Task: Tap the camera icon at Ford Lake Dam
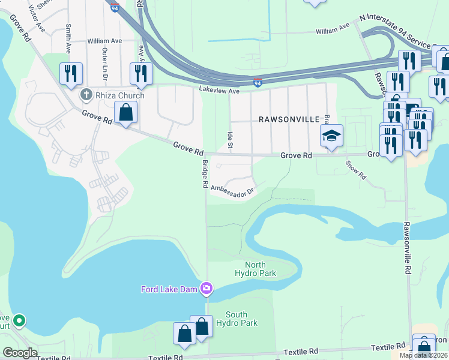[x=206, y=289]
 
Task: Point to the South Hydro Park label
[x=241, y=319]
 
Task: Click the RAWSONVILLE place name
[x=289, y=119]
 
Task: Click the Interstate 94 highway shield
[x=258, y=82]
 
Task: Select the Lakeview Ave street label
[x=219, y=91]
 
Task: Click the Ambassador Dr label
[x=233, y=191]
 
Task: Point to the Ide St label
[x=230, y=139]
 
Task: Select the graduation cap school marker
[x=331, y=137]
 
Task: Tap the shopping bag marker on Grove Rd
[x=126, y=112]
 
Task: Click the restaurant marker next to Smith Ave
[x=71, y=74]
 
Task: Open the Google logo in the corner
[x=20, y=353]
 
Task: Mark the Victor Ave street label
[x=37, y=23]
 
